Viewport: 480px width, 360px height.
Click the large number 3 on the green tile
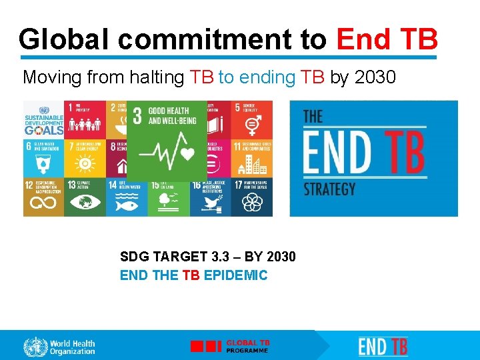click(x=137, y=115)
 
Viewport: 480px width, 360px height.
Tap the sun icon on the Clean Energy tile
click(x=85, y=163)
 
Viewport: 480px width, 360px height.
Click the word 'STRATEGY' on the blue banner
click(x=329, y=189)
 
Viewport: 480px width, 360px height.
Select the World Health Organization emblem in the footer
click(x=35, y=347)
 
